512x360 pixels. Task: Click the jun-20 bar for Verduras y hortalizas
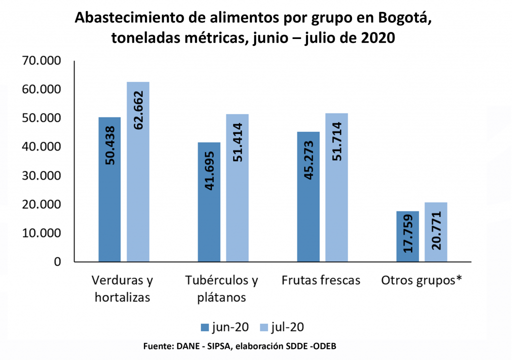click(109, 189)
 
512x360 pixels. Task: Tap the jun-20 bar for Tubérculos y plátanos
click(209, 202)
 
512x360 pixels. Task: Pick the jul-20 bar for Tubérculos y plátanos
click(237, 188)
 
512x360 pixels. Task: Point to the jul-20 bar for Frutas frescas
click(336, 187)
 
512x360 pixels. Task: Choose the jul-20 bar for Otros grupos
click(436, 232)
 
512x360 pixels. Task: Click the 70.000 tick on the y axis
click(40, 61)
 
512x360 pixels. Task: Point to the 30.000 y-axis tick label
click(40, 176)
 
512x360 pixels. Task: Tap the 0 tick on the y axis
click(57, 262)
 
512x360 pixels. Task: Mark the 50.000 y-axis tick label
click(40, 118)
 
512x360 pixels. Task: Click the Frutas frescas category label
click(320, 280)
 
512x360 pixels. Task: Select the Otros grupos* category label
click(421, 280)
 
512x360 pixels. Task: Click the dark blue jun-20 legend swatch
click(205, 327)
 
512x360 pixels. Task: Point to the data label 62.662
click(138, 110)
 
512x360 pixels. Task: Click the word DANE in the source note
click(183, 346)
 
